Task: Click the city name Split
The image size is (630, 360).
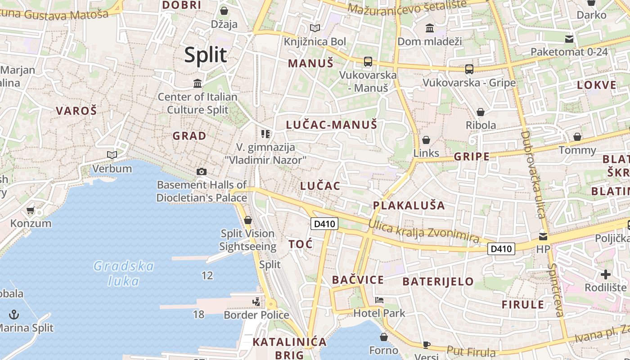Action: pos(205,55)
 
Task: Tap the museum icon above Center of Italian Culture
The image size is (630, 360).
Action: pos(197,84)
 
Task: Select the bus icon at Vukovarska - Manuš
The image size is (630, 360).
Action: pos(368,61)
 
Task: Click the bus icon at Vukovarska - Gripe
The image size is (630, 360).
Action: pos(469,69)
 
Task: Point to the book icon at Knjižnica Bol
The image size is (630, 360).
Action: pos(315,28)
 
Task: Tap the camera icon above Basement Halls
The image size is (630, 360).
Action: pos(202,171)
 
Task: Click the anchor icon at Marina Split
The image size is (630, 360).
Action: pos(14,314)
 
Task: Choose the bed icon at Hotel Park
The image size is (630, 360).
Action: pos(379,300)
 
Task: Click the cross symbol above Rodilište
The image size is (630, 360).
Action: pos(606,274)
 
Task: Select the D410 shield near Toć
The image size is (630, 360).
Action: pos(324,224)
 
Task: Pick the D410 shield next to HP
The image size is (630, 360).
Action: pos(501,248)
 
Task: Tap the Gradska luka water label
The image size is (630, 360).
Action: pos(124,273)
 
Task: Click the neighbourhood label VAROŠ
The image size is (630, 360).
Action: pos(76,111)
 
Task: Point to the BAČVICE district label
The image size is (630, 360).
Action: pos(358,280)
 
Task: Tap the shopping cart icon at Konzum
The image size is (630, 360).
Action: pos(31,210)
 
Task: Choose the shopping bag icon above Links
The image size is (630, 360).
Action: pos(426,140)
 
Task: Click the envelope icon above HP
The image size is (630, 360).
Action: pos(543,237)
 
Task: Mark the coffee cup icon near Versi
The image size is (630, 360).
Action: pos(426,345)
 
